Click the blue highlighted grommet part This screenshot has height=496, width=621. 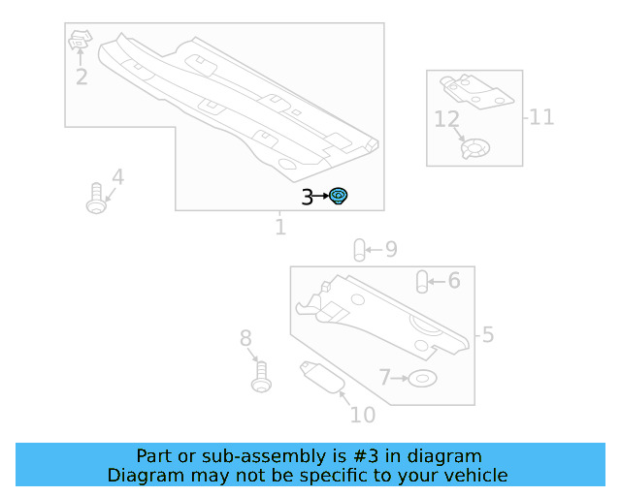[339, 196]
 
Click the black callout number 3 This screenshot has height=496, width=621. [307, 198]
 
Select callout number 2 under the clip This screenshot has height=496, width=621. [82, 77]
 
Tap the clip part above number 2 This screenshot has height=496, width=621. [80, 40]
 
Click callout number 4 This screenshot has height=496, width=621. [118, 177]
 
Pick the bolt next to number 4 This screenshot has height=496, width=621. [96, 199]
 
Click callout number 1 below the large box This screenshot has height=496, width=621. [280, 227]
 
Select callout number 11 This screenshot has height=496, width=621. [541, 117]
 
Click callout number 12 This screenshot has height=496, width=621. [446, 119]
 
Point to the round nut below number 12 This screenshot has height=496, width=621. [475, 149]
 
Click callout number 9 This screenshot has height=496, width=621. [391, 249]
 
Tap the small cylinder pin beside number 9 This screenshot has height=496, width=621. [359, 250]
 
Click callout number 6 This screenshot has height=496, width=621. [454, 280]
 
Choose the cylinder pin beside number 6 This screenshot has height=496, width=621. [422, 282]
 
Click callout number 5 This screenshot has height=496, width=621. [488, 334]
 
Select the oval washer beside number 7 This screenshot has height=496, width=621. [422, 379]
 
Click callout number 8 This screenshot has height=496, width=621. [245, 338]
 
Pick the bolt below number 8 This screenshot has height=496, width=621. [261, 377]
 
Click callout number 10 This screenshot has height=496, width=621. [362, 415]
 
